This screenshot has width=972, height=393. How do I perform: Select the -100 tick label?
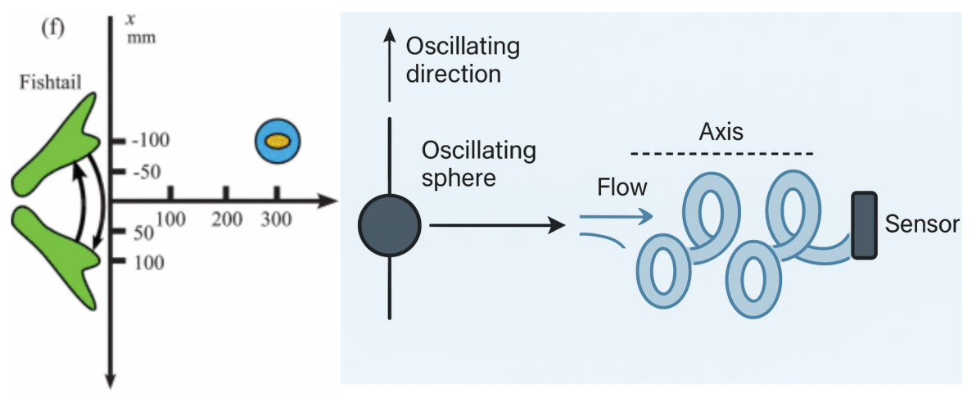[x=150, y=140]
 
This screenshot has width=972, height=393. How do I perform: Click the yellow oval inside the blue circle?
[x=278, y=141]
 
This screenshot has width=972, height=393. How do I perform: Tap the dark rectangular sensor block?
[x=864, y=225]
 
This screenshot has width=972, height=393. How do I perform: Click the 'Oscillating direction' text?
[x=463, y=59]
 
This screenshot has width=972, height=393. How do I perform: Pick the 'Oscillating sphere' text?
[x=478, y=164]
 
